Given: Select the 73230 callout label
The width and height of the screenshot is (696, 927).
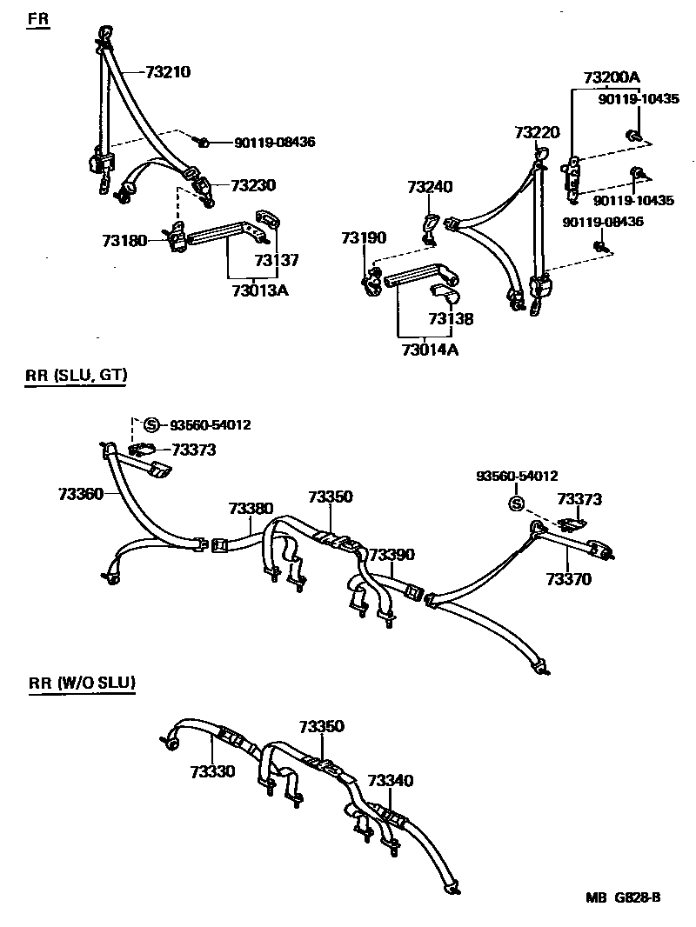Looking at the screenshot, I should point(252,185).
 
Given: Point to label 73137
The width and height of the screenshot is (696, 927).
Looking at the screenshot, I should point(277,259).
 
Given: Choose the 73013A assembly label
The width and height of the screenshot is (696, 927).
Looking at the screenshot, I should point(259,290).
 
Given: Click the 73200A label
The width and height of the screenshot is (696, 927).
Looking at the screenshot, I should point(612,78).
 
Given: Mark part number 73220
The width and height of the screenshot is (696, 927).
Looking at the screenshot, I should point(537,133).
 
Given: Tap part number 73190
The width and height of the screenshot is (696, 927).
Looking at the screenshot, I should point(363,237).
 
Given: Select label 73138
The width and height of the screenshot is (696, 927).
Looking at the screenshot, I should point(451,319).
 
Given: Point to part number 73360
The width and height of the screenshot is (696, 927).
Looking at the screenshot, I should point(81,494).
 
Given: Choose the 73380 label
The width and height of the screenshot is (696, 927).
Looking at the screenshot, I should point(251,508).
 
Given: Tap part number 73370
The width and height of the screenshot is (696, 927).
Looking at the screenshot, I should point(569,578).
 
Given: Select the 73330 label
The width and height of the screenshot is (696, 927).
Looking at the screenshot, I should point(212,770).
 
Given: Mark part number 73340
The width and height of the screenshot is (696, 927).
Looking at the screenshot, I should point(391,781).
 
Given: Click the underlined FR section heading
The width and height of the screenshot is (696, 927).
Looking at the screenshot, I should point(38,19).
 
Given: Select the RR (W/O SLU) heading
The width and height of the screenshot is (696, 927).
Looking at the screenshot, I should point(82,683).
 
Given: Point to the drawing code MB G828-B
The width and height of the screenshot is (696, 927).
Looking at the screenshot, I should point(623,897).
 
